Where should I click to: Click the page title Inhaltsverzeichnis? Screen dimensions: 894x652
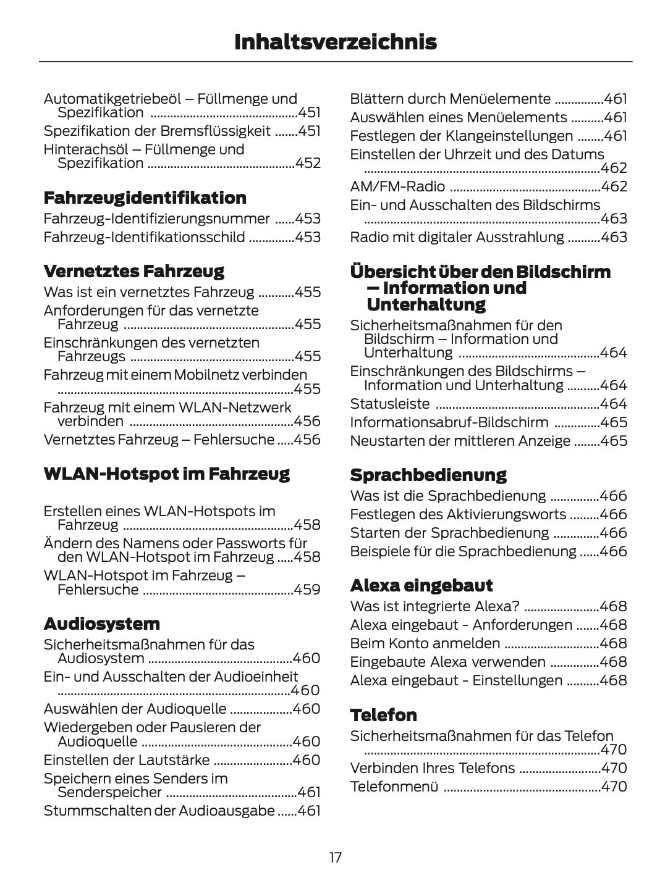(336, 42)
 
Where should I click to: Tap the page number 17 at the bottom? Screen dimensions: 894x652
(336, 858)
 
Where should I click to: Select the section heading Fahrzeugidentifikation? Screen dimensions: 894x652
(145, 198)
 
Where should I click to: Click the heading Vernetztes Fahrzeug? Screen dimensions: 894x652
(133, 271)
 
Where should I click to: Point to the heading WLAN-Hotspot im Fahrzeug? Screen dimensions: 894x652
(166, 474)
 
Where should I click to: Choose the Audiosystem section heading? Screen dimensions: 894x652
(101, 624)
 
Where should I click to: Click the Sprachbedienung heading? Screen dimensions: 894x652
(428, 475)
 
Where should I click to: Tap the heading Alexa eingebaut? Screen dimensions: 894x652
(421, 585)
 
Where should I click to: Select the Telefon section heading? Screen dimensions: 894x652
(383, 715)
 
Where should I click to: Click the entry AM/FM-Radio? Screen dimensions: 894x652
(397, 186)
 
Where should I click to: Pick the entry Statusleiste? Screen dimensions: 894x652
(389, 404)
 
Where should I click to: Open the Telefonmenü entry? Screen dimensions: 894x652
(394, 787)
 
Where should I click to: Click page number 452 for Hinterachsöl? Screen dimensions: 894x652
(308, 164)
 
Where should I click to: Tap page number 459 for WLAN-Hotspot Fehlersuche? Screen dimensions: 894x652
(307, 590)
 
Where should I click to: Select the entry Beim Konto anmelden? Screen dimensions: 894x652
(425, 643)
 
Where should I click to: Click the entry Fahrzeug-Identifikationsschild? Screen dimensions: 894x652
(144, 237)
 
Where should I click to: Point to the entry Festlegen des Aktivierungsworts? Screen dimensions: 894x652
(457, 514)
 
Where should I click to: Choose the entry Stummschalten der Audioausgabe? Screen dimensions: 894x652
(159, 811)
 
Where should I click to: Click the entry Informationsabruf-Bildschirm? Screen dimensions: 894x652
(449, 422)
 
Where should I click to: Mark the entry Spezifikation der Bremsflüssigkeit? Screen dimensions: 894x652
(157, 131)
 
